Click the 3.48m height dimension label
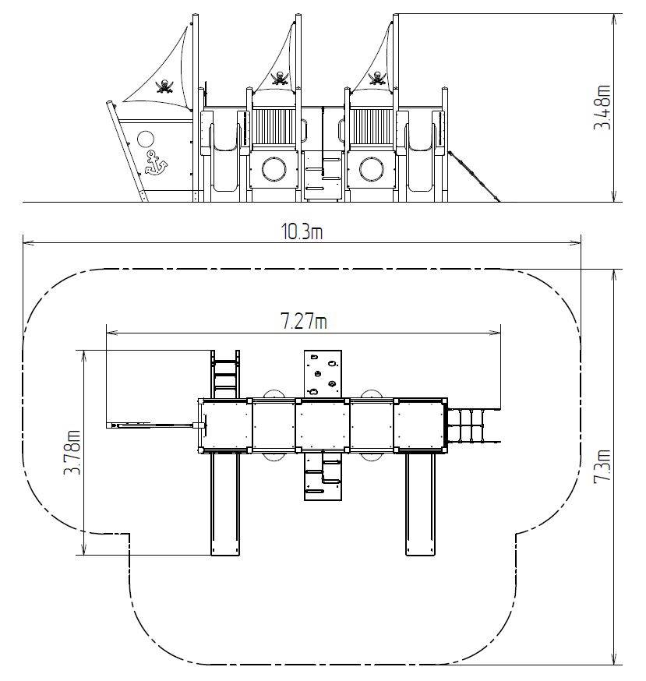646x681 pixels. (602, 108)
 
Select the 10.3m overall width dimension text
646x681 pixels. (302, 232)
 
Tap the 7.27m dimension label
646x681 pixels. (304, 322)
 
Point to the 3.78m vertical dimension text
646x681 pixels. (72, 452)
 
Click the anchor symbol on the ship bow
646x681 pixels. (156, 163)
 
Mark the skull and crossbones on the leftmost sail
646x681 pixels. (164, 86)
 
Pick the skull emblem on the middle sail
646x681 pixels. (280, 78)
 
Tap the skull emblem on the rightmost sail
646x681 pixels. (377, 78)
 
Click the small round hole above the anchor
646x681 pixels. (146, 139)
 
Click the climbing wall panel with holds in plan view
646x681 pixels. (323, 374)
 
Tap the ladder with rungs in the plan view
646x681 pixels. (225, 374)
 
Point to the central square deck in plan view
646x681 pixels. (323, 425)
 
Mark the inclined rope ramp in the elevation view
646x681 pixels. (474, 176)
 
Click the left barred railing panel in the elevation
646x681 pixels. (274, 127)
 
